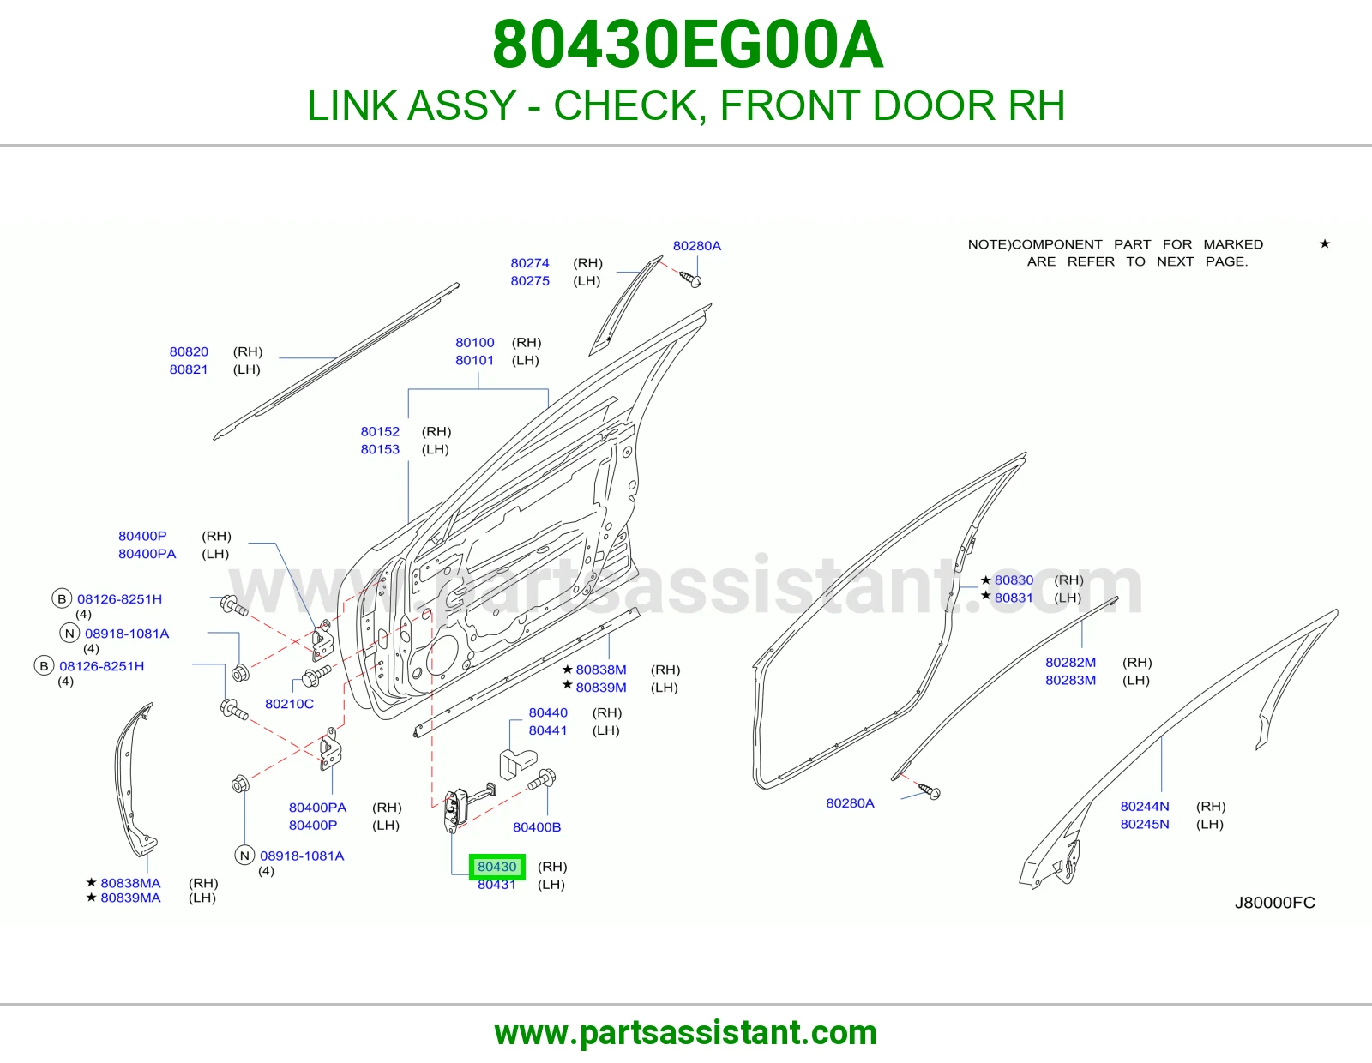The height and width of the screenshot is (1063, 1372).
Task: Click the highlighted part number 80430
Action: (496, 867)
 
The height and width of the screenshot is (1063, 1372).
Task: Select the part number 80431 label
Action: (496, 885)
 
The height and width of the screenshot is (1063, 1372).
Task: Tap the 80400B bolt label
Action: (537, 827)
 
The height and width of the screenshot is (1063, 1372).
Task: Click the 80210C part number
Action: (289, 704)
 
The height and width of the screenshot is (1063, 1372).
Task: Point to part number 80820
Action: (189, 351)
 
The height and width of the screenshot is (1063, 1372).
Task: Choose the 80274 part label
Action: (530, 263)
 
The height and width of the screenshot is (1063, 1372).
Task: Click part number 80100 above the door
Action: (475, 343)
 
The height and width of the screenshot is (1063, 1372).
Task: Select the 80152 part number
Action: (380, 432)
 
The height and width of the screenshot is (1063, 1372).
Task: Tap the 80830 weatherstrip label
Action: (1014, 580)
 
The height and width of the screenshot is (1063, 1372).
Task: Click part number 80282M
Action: (1071, 663)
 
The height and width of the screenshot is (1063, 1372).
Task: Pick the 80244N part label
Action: (1145, 807)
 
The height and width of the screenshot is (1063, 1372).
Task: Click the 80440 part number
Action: (548, 712)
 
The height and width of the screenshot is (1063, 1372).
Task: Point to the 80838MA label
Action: (130, 883)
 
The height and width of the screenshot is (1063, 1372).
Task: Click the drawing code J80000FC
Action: (1275, 903)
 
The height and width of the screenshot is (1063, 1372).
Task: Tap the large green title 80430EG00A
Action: (688, 45)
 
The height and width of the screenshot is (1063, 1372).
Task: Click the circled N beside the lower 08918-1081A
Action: (244, 856)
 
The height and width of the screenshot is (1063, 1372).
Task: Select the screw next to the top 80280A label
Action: (690, 279)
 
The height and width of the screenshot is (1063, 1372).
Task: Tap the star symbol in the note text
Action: (1325, 243)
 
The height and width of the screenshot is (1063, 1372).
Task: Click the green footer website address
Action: (686, 1033)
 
